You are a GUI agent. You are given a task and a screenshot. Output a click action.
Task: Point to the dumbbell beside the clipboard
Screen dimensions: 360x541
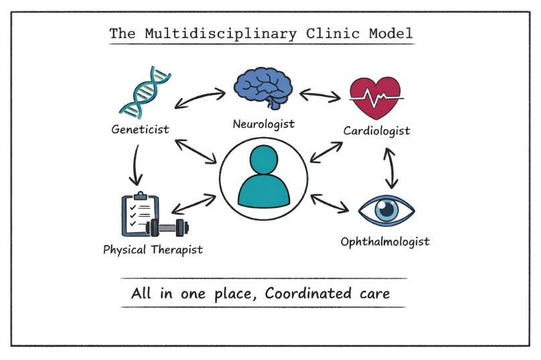point(167,228)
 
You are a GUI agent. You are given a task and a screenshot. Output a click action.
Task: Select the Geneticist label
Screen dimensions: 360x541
point(141,128)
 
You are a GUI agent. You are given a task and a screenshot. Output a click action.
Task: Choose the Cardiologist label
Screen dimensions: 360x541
point(377,130)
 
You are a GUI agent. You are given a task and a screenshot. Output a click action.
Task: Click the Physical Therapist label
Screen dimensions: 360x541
point(153,250)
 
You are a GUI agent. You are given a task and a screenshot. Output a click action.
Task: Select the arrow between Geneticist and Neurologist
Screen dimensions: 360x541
point(200,98)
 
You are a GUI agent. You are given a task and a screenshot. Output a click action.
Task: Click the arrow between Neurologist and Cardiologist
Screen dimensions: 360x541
point(319,94)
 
